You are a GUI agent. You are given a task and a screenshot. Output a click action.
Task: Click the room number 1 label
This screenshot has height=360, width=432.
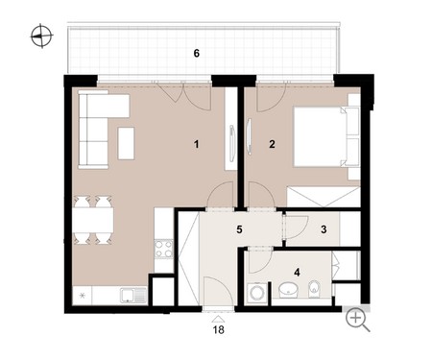pyautogui.click(x=196, y=144)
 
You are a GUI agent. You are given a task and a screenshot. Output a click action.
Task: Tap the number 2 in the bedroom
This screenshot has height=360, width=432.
pyautogui.click(x=272, y=144)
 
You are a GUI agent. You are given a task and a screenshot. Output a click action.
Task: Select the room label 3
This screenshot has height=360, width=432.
pyautogui.click(x=324, y=229)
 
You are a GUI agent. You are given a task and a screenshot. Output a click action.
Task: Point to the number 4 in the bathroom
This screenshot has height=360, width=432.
pyautogui.click(x=297, y=273)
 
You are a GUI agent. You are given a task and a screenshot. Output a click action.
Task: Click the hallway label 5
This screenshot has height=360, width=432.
pyautogui.click(x=239, y=229)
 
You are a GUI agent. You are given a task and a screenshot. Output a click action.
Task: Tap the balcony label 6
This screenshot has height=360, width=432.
pyautogui.click(x=197, y=53)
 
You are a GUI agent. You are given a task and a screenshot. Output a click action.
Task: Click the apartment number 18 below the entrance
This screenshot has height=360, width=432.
pyautogui.click(x=219, y=329)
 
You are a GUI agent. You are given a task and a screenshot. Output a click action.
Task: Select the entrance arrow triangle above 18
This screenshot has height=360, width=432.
pyautogui.click(x=219, y=319)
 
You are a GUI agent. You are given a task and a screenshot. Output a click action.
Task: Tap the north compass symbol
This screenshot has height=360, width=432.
pyautogui.click(x=41, y=36)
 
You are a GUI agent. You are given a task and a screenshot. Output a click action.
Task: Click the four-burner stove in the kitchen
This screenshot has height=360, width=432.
pyautogui.click(x=164, y=249)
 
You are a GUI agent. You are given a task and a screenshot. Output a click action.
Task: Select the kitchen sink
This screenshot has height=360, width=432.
pyautogui.click(x=133, y=296)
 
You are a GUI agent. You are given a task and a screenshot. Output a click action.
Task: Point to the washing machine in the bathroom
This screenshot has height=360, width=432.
pyautogui.click(x=257, y=293)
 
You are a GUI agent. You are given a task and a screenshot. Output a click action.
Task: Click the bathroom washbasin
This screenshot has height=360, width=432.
pyautogui.click(x=288, y=289)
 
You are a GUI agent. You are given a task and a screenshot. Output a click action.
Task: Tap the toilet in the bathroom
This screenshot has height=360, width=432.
pyautogui.click(x=314, y=288)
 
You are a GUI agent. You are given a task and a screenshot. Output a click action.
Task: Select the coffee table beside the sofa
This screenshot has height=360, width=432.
pyautogui.click(x=126, y=143)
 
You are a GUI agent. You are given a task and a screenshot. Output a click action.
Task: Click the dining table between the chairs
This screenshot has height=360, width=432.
pyautogui.click(x=93, y=220)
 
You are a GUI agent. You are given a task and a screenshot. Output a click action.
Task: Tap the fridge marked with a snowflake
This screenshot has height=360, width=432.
pyautogui.click(x=83, y=296)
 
